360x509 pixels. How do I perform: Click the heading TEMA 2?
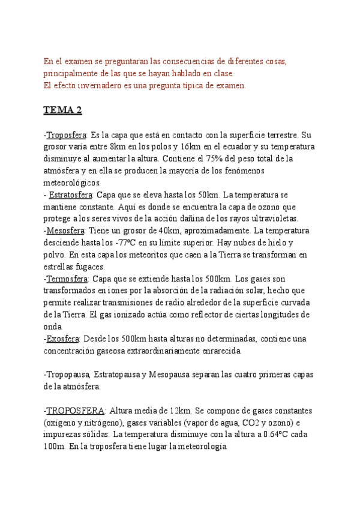[62, 110]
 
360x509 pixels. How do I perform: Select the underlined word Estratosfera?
[70, 194]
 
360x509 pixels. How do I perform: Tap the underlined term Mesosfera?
[66, 230]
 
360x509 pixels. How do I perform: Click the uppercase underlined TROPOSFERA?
[76, 411]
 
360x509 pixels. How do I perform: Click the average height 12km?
[180, 411]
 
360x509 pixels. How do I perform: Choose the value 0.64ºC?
[275, 435]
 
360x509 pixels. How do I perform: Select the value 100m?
[54, 447]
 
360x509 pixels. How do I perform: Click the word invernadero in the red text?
[98, 86]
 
